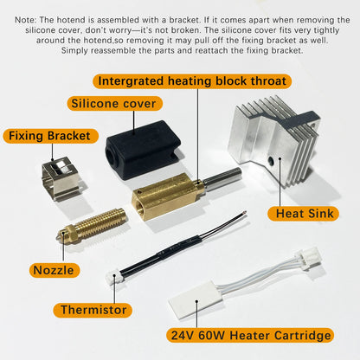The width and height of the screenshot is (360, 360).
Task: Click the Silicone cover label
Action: pyautogui.click(x=114, y=104)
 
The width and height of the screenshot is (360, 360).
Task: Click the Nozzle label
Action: pyautogui.click(x=53, y=270)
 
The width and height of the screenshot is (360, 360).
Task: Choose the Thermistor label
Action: pyautogui.click(x=94, y=309)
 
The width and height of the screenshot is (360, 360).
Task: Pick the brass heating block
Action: pyautogui.click(x=164, y=197)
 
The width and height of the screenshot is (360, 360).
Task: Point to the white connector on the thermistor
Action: pyautogui.click(x=113, y=279)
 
